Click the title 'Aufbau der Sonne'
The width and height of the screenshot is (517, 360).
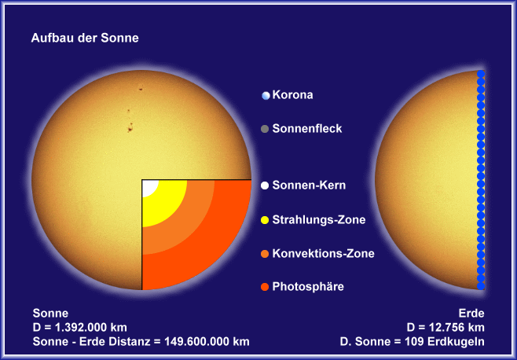(85, 38)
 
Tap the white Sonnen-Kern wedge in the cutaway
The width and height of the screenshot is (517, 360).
(148, 186)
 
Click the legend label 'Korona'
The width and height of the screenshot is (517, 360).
(292, 95)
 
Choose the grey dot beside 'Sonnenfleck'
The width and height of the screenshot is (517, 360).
(265, 129)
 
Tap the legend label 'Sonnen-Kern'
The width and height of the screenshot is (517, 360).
(309, 186)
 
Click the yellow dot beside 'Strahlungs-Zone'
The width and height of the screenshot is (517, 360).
(265, 220)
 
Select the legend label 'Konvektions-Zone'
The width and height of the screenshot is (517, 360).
(323, 253)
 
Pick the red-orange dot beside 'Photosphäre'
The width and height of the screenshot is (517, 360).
(265, 287)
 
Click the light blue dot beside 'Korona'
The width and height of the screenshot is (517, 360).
(266, 96)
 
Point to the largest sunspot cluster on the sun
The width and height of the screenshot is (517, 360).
(130, 127)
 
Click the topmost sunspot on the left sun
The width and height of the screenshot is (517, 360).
(141, 89)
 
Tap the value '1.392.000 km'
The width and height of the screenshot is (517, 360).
(91, 327)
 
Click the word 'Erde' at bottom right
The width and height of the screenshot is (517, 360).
(471, 313)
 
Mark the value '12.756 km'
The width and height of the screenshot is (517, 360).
(456, 327)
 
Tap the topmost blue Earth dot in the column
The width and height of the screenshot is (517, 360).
(481, 74)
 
